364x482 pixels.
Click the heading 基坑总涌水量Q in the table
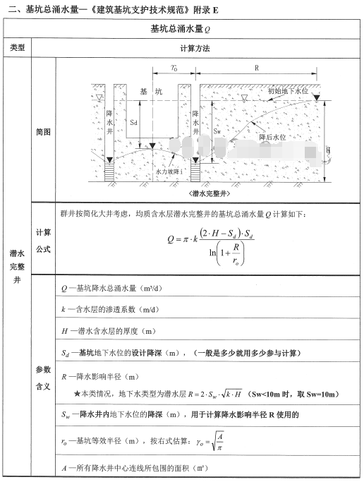click(181, 29)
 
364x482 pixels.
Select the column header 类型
click(17, 48)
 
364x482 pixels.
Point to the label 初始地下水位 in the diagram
click(287, 91)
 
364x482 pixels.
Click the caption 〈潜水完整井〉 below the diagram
click(211, 192)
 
